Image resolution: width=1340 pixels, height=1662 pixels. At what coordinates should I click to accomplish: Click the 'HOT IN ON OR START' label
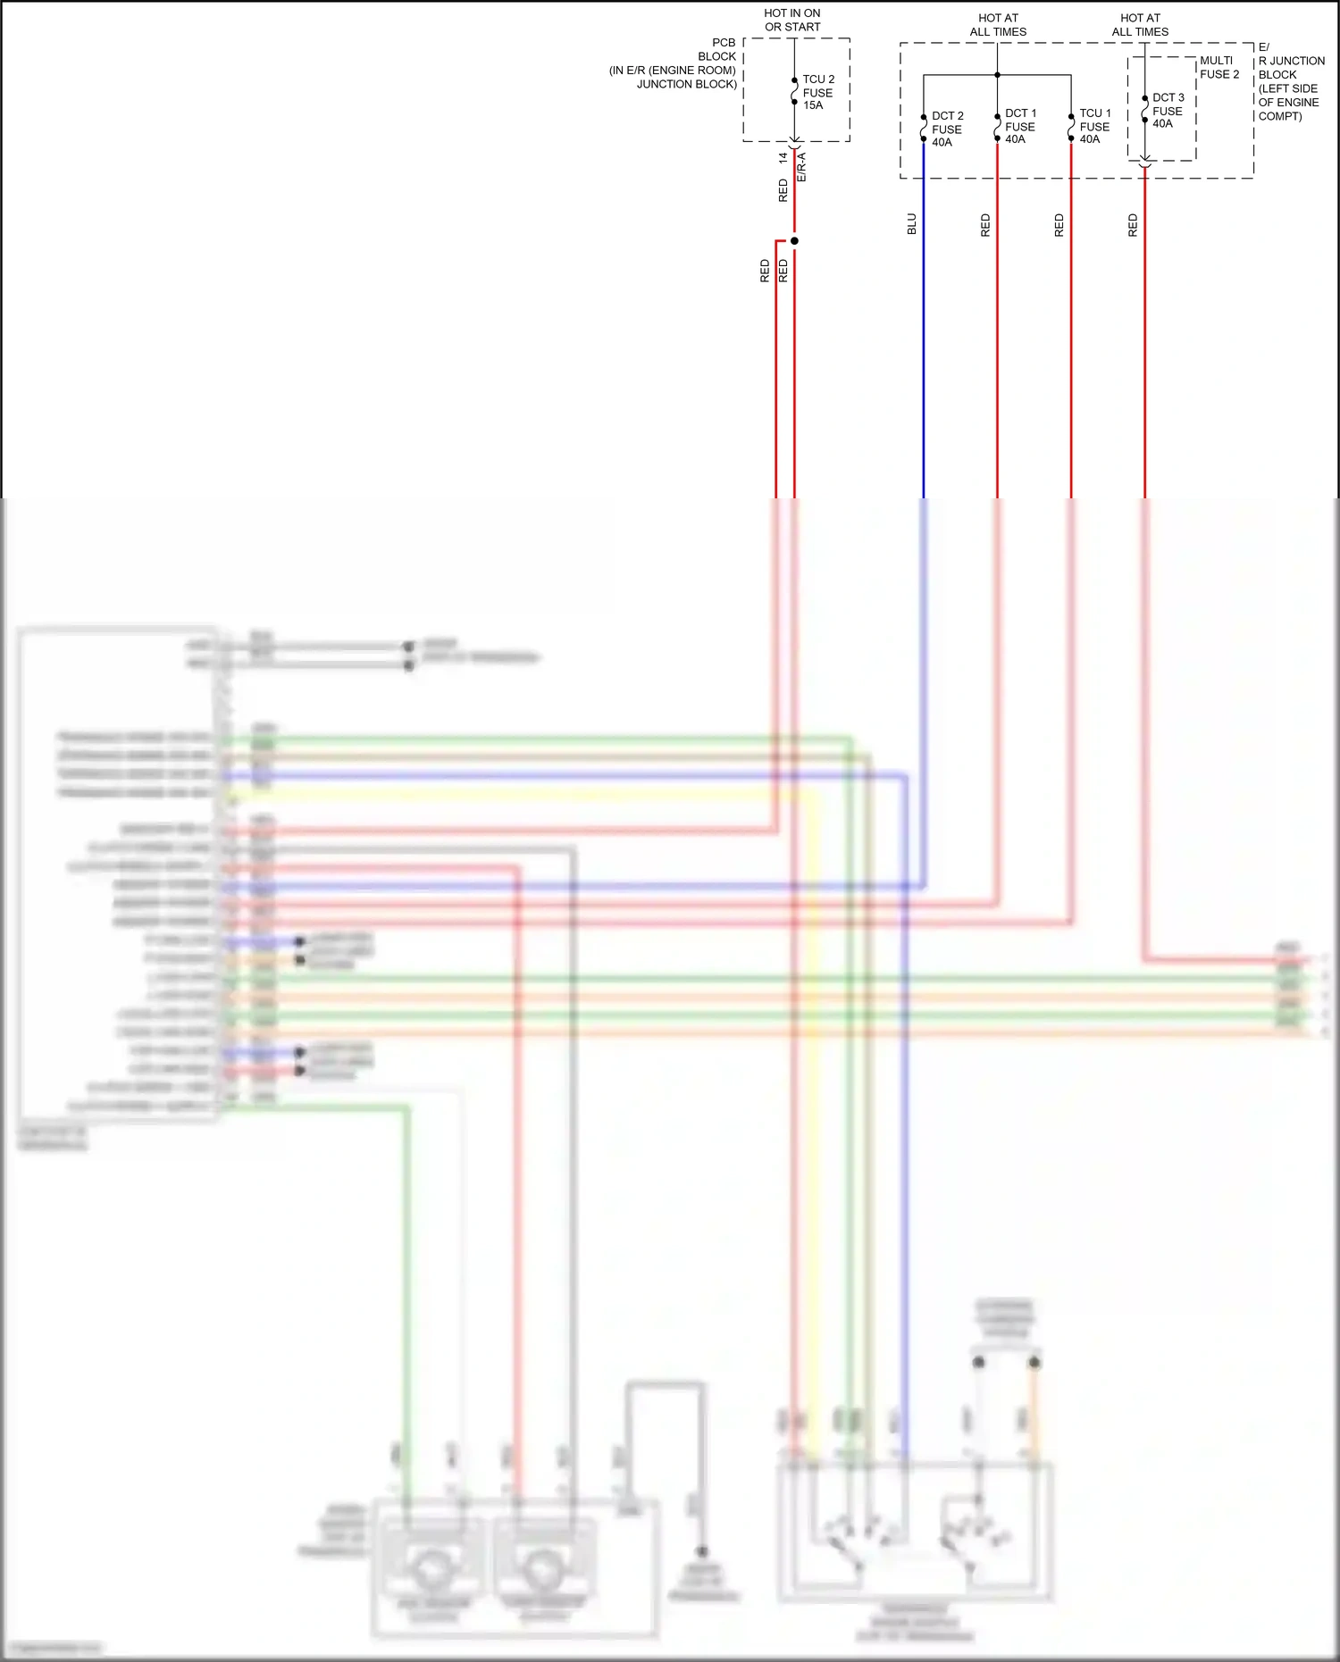tap(792, 20)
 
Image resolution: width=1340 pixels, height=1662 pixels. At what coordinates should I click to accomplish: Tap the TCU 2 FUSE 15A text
tap(817, 92)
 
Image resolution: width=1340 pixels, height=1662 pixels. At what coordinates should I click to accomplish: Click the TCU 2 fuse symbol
tap(794, 91)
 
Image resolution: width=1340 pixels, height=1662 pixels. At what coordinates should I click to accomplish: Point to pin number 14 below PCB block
tap(783, 157)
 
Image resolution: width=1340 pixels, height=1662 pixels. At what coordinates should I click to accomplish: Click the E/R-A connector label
tap(801, 167)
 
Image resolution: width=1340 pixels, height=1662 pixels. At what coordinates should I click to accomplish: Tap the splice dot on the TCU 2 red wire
tap(794, 241)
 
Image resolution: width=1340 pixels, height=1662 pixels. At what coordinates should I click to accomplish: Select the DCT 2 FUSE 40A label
tap(947, 129)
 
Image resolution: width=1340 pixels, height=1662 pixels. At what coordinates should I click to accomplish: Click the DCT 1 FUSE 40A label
tap(1020, 126)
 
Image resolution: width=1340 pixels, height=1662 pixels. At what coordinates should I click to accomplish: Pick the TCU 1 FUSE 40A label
tap(1094, 126)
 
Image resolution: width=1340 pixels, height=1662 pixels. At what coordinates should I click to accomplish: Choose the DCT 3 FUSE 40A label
tap(1168, 111)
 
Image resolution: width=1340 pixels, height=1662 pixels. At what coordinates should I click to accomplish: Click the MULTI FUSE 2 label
tap(1219, 67)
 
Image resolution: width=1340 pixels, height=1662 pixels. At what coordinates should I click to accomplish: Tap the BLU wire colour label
tap(912, 223)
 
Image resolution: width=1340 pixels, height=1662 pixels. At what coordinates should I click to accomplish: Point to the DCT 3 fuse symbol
tap(1144, 109)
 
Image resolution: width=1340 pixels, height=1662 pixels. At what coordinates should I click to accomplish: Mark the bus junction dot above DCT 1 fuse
tap(997, 75)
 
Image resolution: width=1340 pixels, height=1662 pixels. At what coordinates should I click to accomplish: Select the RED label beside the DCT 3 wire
tap(1133, 225)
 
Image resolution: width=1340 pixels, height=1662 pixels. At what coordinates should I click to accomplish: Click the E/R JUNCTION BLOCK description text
tap(1290, 81)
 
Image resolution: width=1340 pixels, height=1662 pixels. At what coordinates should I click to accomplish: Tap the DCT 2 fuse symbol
tap(924, 128)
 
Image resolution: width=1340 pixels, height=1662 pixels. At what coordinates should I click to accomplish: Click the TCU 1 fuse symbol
tap(1071, 127)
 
